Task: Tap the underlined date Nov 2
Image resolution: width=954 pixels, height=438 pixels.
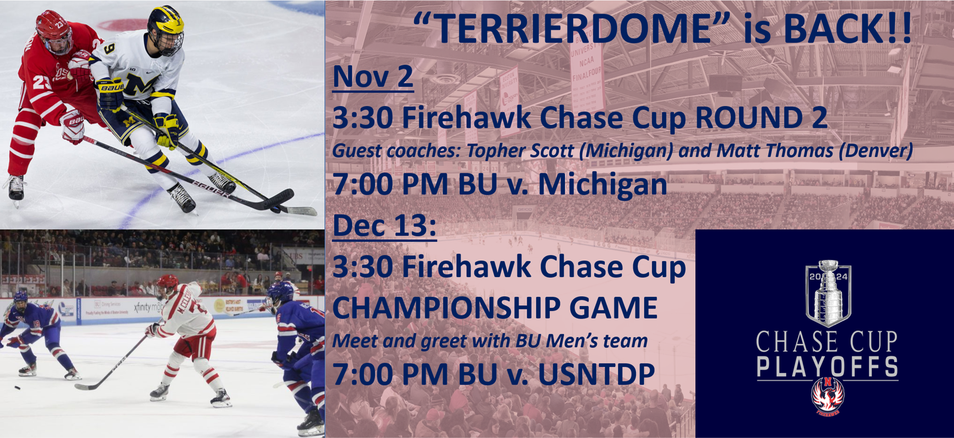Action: (x=373, y=76)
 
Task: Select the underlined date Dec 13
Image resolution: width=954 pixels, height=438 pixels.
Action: (x=385, y=225)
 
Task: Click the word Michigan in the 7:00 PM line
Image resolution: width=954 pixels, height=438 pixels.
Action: (x=603, y=184)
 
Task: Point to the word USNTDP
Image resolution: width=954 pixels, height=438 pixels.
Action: (x=596, y=374)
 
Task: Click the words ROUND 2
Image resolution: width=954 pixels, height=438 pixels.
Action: (x=761, y=118)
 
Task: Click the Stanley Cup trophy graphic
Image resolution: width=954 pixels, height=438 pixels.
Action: (x=828, y=293)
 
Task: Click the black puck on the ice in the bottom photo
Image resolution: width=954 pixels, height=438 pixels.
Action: (x=17, y=388)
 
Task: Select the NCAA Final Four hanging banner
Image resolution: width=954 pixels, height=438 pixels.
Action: (x=587, y=71)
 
